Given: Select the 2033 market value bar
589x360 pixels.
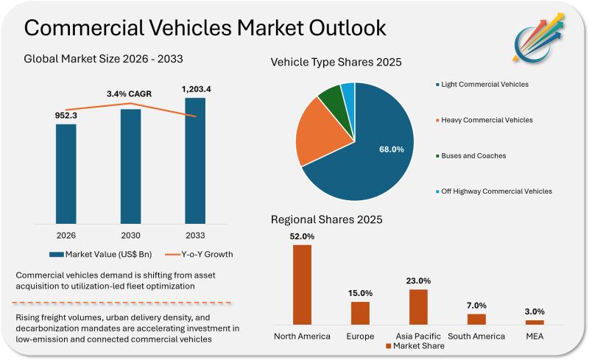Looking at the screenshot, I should click(195, 160).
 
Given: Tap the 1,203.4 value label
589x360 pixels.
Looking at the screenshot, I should click(195, 90).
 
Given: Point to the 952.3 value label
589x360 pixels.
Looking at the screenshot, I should click(66, 115).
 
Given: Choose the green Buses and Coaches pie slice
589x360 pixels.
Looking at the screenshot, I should click(331, 99).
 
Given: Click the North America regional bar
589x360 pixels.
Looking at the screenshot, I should click(302, 284).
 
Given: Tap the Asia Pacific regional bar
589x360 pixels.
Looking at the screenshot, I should click(418, 306).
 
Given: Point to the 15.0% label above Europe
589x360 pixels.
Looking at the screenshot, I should click(360, 293).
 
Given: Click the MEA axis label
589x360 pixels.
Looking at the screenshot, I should click(535, 336).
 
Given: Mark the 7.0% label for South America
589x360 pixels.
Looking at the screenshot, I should click(476, 306).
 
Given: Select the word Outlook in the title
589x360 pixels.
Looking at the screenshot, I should click(338, 29).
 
